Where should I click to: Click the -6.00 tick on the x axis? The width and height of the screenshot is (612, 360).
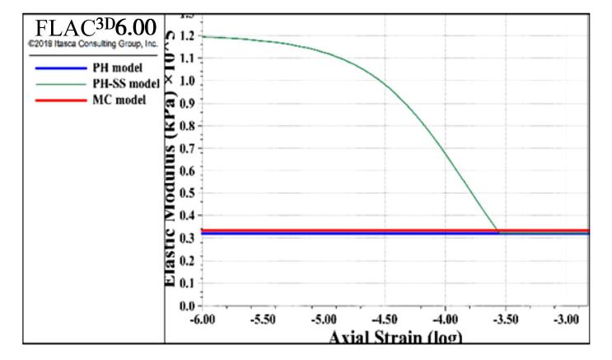click(202, 320)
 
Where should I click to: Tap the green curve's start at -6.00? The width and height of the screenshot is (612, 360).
click(203, 36)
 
